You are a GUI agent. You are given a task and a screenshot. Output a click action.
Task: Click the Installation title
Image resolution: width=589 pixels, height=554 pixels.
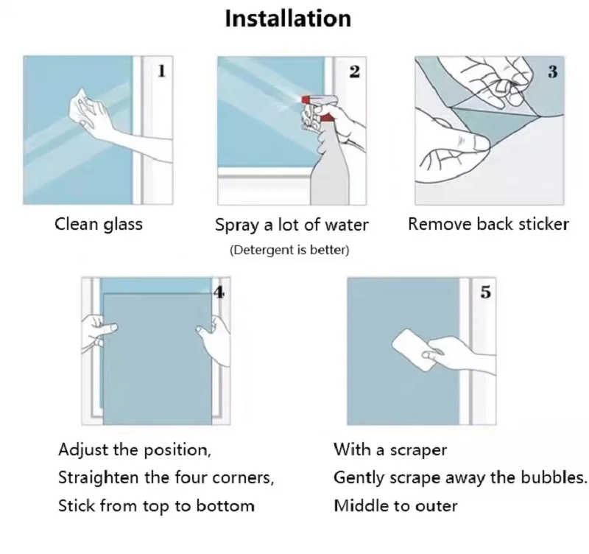pos(288,18)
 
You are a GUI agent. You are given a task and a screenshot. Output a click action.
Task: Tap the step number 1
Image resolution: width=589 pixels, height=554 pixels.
pos(161,71)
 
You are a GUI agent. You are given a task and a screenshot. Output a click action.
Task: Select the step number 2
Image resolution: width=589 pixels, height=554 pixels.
pos(354,71)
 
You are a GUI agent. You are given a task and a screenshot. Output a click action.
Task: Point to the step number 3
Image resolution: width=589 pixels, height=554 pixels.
pos(552,71)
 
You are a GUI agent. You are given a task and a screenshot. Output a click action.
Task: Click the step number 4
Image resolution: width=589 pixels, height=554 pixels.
pos(219,292)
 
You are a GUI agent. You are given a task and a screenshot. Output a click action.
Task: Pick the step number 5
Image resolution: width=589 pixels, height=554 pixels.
pos(486,292)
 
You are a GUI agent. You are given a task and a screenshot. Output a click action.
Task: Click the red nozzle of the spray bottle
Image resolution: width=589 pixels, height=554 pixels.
pos(306,100)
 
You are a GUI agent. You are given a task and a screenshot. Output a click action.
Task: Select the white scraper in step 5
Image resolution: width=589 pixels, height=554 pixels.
pos(414,349)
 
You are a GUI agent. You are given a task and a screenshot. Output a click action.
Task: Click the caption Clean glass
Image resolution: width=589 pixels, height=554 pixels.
pos(99,225)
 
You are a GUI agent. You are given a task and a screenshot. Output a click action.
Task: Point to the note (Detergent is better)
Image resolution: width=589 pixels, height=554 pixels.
pos(289,250)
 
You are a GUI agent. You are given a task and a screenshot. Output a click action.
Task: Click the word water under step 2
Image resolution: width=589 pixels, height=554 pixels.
pos(346,225)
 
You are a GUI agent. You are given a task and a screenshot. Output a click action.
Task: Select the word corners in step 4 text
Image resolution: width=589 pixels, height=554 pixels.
pos(243,478)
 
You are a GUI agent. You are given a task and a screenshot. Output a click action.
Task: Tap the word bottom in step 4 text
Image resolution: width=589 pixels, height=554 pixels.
pos(225,506)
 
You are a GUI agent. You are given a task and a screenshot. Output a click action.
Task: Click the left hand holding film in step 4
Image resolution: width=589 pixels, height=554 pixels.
pos(99,332)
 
